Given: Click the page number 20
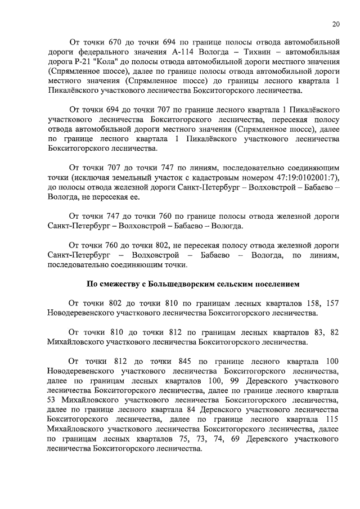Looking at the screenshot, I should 336,24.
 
